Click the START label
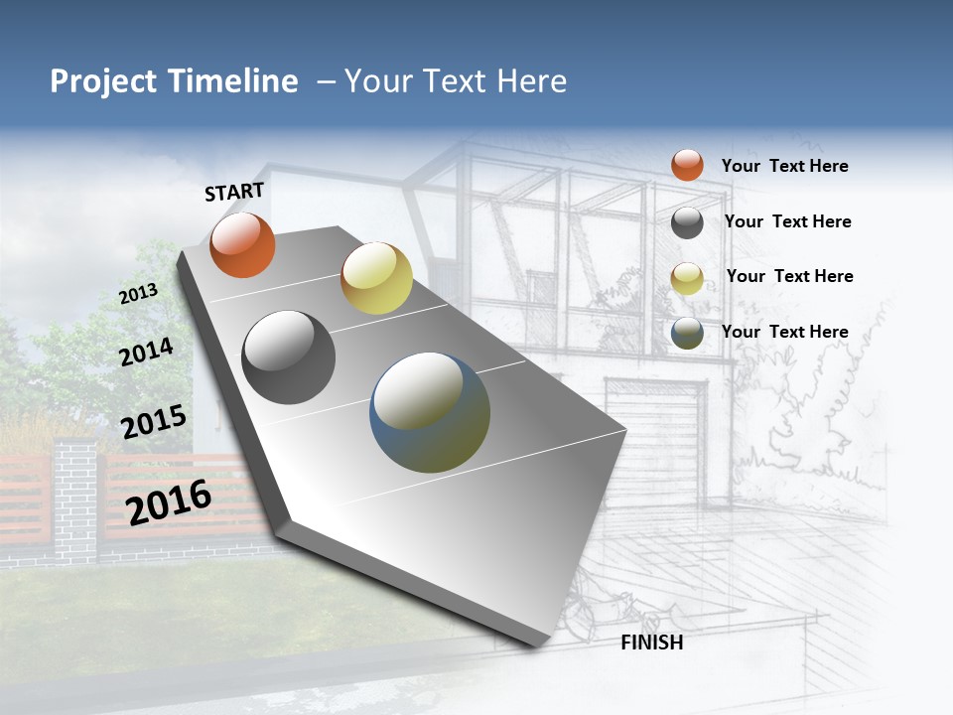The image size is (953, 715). [x=234, y=192]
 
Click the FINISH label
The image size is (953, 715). [x=652, y=643]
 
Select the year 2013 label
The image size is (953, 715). [x=138, y=294]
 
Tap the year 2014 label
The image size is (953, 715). [x=146, y=353]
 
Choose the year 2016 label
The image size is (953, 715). [x=169, y=502]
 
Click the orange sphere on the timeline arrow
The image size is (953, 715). [x=242, y=245]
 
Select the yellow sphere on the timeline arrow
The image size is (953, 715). [x=376, y=278]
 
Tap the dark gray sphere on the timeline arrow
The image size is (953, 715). [x=288, y=357]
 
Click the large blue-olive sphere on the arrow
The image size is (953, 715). [x=430, y=412]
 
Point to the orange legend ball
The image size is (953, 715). [x=687, y=165]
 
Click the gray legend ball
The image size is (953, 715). [x=687, y=222]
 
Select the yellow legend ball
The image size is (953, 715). [x=687, y=278]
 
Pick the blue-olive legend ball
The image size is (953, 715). [x=687, y=333]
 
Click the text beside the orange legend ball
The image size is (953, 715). [x=784, y=166]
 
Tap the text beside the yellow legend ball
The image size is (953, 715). [x=789, y=276]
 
